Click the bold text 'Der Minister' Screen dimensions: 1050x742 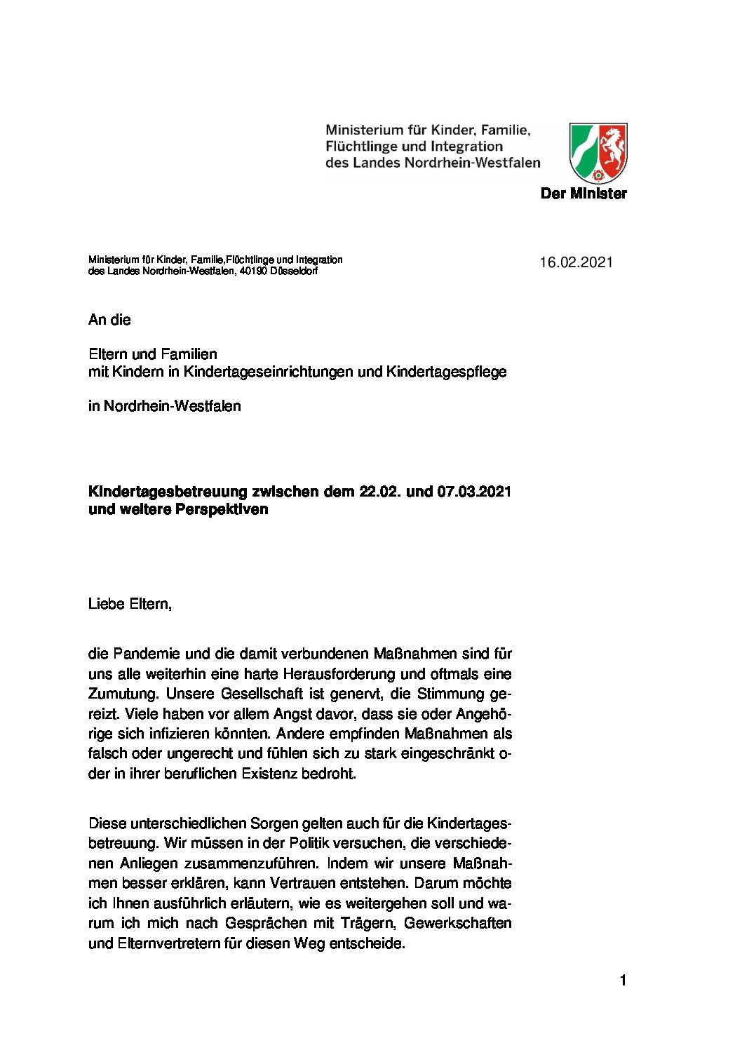pos(584,194)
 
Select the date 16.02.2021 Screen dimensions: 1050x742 pos(576,262)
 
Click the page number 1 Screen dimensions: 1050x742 pos(623,981)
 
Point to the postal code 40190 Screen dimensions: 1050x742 pos(252,271)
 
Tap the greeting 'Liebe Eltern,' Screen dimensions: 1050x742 pos(130,603)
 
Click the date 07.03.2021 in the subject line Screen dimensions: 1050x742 pos(474,491)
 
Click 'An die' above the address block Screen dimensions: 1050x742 pos(109,320)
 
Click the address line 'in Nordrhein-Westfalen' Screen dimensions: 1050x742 pos(164,406)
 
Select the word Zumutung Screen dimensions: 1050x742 pos(123,694)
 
